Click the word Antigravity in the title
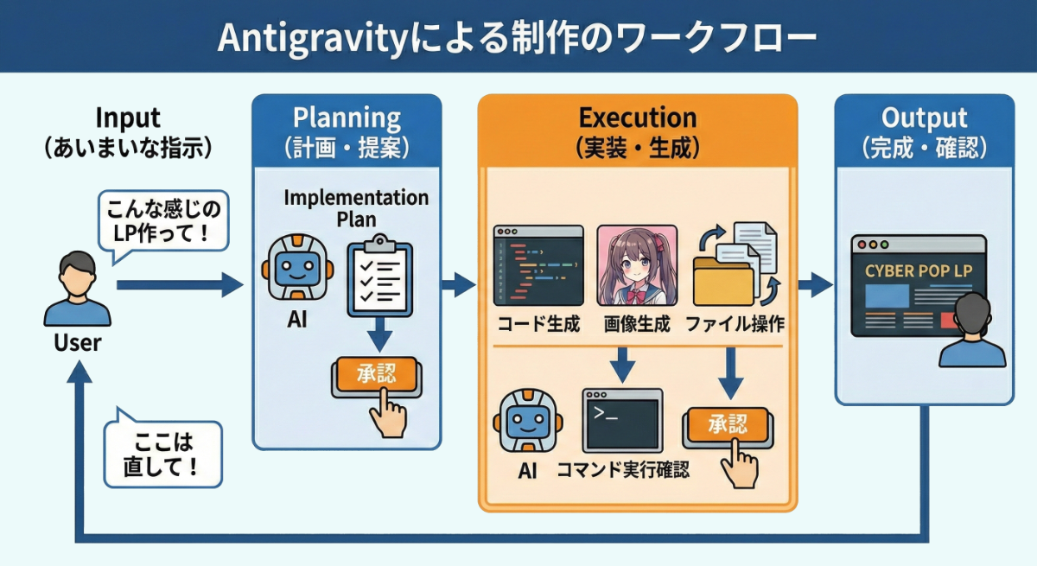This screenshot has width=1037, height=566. [x=312, y=40]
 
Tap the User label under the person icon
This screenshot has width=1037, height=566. [x=77, y=343]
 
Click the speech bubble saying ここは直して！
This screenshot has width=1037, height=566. [x=163, y=451]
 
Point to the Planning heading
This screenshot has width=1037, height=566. [x=347, y=118]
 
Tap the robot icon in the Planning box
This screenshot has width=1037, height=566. [x=297, y=269]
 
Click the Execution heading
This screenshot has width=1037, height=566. [x=638, y=118]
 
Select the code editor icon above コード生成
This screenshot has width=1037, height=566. [x=538, y=265]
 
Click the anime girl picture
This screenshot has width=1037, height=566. [x=637, y=265]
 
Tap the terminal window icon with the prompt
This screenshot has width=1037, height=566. [x=623, y=421]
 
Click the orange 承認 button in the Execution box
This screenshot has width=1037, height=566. [x=728, y=425]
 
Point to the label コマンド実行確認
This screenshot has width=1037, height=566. [x=623, y=470]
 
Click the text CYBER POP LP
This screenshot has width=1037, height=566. [x=919, y=271]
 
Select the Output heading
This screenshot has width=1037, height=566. [x=924, y=118]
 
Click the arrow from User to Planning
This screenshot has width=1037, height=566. [x=180, y=284]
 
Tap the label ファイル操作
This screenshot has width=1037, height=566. [x=735, y=324]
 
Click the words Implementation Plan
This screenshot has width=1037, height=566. [x=356, y=208]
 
